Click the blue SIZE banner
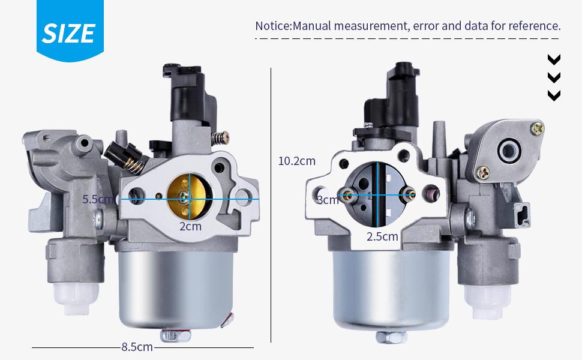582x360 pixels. pyautogui.click(x=70, y=29)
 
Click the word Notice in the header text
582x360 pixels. pyautogui.click(x=272, y=26)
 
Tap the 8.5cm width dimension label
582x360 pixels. pyautogui.click(x=137, y=347)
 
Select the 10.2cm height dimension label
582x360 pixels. pyautogui.click(x=296, y=161)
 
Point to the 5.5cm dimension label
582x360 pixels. pyautogui.click(x=98, y=199)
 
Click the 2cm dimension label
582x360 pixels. pyautogui.click(x=190, y=226)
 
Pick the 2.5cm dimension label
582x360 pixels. pyautogui.click(x=382, y=237)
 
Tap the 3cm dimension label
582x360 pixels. pyautogui.click(x=328, y=200)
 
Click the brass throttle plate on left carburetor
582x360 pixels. pyautogui.click(x=185, y=197)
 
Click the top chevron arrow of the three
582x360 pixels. pyautogui.click(x=554, y=59)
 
